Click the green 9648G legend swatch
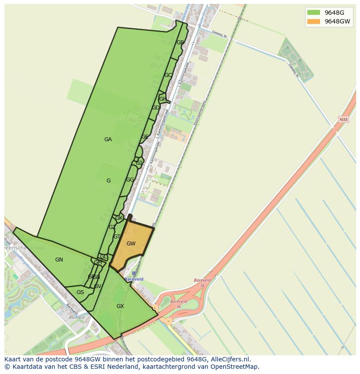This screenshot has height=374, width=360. pyautogui.click(x=313, y=12)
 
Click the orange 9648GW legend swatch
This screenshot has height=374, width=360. pyautogui.click(x=313, y=21)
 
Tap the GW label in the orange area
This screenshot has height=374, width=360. pyautogui.click(x=131, y=244)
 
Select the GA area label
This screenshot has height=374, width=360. pyautogui.click(x=108, y=139)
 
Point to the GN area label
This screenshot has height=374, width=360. pyautogui.click(x=59, y=260)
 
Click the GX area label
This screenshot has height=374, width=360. pyautogui.click(x=120, y=306)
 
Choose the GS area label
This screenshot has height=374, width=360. pyautogui.click(x=80, y=292)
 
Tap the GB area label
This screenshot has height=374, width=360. pyautogui.click(x=180, y=43)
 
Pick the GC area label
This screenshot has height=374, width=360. pyautogui.click(x=168, y=75)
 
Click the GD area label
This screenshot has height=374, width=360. pyautogui.click(x=155, y=108)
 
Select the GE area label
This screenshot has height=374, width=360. pyautogui.click(x=145, y=137)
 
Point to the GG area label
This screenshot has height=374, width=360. pyautogui.click(x=130, y=180)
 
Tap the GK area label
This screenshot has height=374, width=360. pyautogui.click(x=119, y=218)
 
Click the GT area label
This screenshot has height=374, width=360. pyautogui.click(x=117, y=237)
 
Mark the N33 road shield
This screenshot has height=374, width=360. pyautogui.click(x=343, y=119)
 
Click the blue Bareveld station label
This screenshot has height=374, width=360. pyautogui.click(x=133, y=279)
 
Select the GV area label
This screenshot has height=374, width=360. pyautogui.click(x=97, y=286)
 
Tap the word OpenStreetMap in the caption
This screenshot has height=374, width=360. pyautogui.click(x=239, y=367)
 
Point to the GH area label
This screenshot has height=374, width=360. pyautogui.click(x=162, y=99)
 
